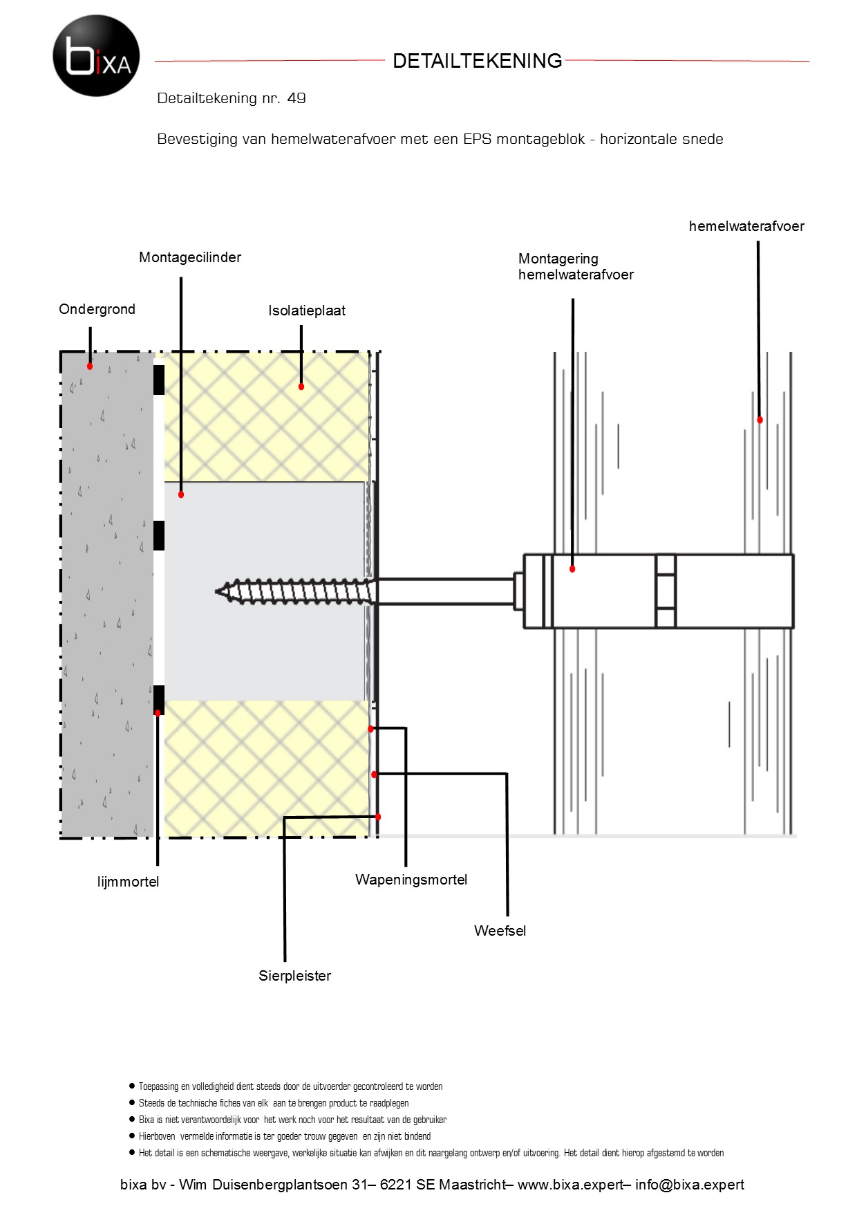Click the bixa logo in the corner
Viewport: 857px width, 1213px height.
coord(96,55)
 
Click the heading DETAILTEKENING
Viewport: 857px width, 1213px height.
coord(477,61)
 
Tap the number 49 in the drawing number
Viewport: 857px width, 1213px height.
coord(296,98)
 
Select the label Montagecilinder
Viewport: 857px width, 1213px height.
coord(190,257)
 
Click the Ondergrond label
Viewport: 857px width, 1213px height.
coord(97,309)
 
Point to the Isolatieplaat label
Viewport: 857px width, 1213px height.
coord(307,311)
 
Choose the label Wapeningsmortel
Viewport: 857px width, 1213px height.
coord(411,880)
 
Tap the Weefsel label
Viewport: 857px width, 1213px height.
coord(500,931)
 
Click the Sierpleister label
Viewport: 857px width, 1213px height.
coord(295,976)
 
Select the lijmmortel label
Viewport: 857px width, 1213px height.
coord(128,882)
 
